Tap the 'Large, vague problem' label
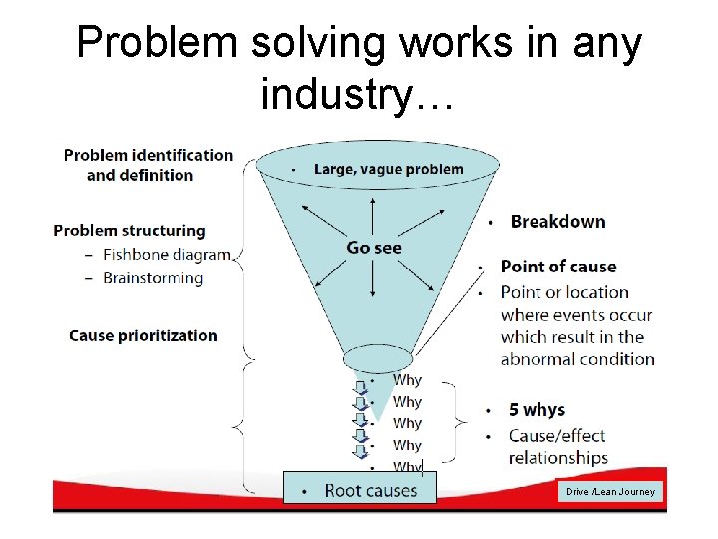[x=388, y=169]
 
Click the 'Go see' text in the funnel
[x=374, y=247]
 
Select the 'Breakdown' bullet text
[x=557, y=221]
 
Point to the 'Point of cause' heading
[x=557, y=267]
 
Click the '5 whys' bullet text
[x=537, y=410]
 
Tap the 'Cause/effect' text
[x=557, y=435]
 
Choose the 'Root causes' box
[x=360, y=489]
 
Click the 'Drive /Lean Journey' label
[x=610, y=491]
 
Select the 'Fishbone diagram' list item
[x=167, y=255]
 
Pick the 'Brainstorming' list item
[x=153, y=277]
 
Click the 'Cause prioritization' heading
[x=143, y=335]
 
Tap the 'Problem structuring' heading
[x=130, y=230]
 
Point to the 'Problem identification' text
[x=148, y=155]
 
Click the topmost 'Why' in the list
[x=407, y=380]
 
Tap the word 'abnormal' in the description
[x=541, y=359]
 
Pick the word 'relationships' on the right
[x=557, y=458]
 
